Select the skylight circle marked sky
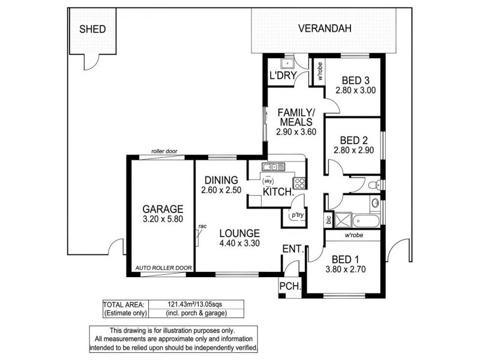269,180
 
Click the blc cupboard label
328,220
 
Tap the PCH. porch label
286,287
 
